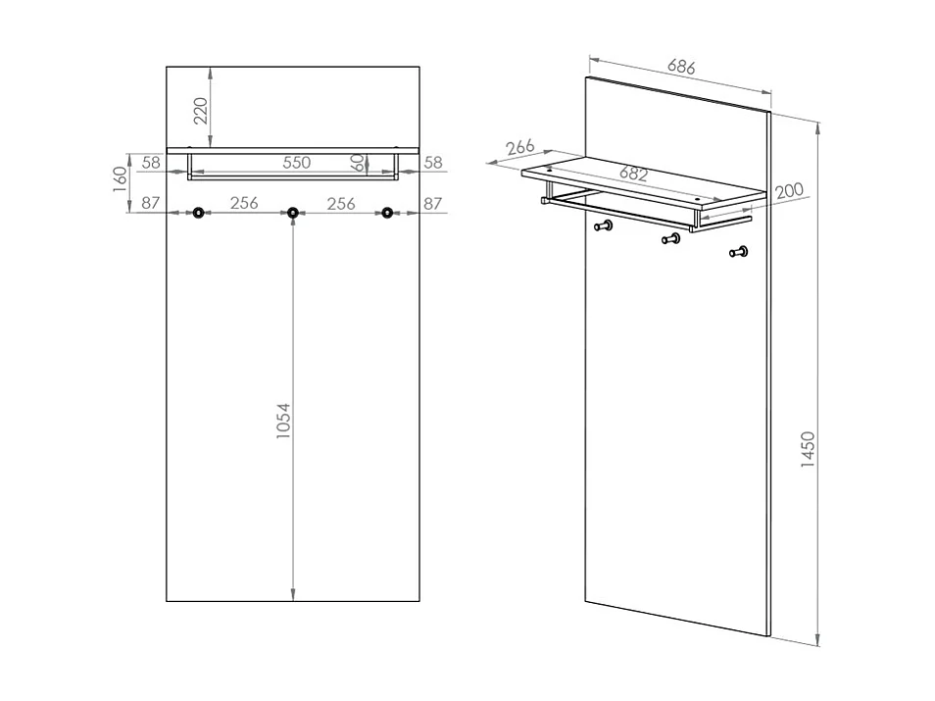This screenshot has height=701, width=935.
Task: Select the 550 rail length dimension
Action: [x=297, y=163]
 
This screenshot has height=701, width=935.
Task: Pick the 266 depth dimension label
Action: [x=520, y=147]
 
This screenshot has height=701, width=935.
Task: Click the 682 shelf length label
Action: [x=634, y=174]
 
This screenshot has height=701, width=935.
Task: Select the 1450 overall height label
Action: [x=808, y=449]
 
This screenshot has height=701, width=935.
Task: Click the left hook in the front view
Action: [x=199, y=213]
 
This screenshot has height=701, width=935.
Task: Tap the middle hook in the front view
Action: [x=292, y=213]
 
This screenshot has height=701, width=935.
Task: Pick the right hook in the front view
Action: [x=387, y=213]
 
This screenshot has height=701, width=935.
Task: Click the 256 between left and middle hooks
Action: [x=244, y=203]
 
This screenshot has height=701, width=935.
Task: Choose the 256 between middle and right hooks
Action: [x=340, y=203]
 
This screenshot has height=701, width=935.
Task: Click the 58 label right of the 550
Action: [x=433, y=163]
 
